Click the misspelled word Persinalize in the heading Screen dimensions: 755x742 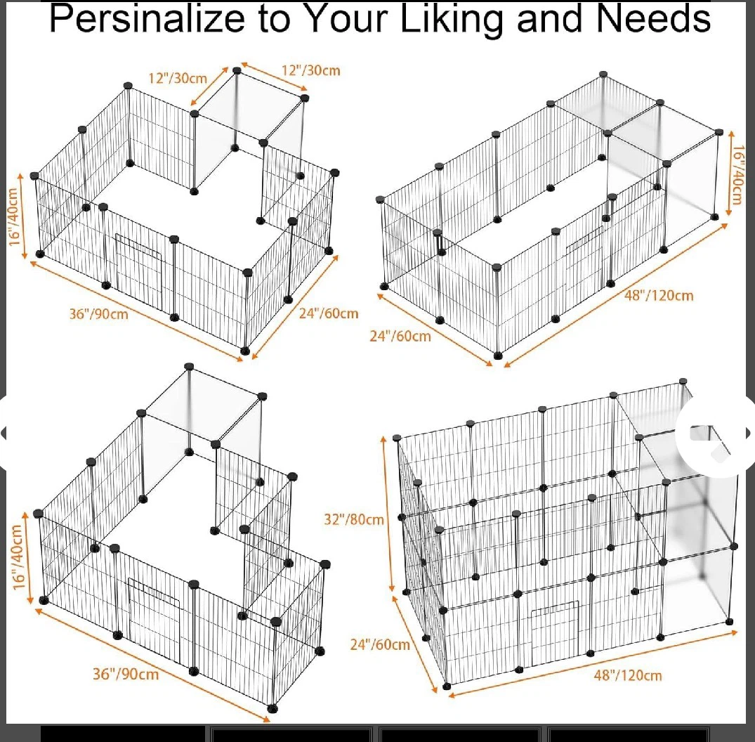(x=147, y=19)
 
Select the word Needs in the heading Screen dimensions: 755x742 (x=653, y=19)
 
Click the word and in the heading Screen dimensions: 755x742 (x=551, y=19)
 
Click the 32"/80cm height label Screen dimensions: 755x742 (x=354, y=519)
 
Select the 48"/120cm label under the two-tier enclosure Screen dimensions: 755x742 (x=628, y=675)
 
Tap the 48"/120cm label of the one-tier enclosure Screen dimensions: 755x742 (x=659, y=295)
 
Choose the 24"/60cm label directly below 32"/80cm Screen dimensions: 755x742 (x=380, y=644)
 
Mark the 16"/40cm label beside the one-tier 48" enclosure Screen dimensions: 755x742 (x=737, y=175)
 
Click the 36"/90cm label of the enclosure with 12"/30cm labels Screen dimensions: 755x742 (x=99, y=314)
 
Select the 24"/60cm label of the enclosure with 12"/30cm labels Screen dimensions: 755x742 (x=329, y=313)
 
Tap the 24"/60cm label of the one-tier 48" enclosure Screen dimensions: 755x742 (x=400, y=336)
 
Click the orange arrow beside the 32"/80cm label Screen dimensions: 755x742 (x=388, y=514)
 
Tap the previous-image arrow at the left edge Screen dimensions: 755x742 (x=4, y=433)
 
